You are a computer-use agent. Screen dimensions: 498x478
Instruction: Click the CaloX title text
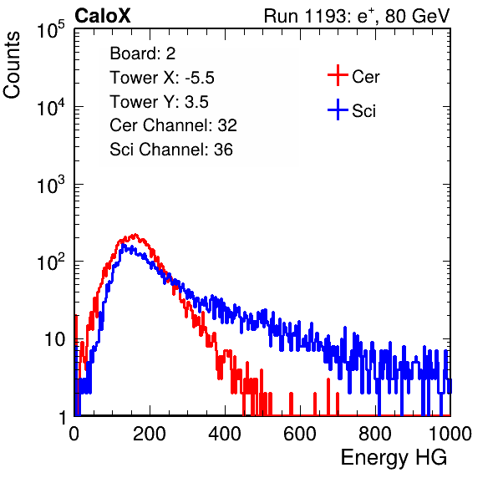(x=103, y=16)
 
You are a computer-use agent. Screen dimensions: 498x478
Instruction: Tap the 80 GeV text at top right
(x=417, y=16)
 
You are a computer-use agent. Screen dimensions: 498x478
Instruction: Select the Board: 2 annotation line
(x=143, y=53)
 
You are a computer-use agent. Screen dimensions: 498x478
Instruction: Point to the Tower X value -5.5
(x=200, y=78)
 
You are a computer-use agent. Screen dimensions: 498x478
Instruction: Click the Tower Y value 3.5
(x=196, y=102)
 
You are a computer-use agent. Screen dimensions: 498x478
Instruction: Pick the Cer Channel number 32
(x=227, y=125)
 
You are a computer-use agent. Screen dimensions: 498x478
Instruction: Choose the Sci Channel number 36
(x=223, y=150)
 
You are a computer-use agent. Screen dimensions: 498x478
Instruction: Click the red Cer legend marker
(x=338, y=75)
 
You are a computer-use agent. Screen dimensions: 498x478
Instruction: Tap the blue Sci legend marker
(x=338, y=109)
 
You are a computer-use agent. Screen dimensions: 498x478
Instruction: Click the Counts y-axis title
(x=12, y=65)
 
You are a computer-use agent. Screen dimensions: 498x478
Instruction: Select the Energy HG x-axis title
(x=394, y=457)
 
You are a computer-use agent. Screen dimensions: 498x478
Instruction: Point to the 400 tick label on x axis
(x=225, y=433)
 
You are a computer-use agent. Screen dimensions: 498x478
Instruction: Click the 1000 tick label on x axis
(x=450, y=433)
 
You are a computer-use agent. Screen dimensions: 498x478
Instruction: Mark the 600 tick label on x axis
(x=300, y=433)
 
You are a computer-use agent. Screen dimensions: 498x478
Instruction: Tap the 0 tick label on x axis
(x=74, y=433)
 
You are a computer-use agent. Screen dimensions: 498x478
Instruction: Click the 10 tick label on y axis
(x=54, y=339)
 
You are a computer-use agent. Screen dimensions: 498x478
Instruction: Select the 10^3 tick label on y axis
(x=52, y=185)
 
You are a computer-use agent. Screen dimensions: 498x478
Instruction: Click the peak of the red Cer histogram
(x=135, y=234)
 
